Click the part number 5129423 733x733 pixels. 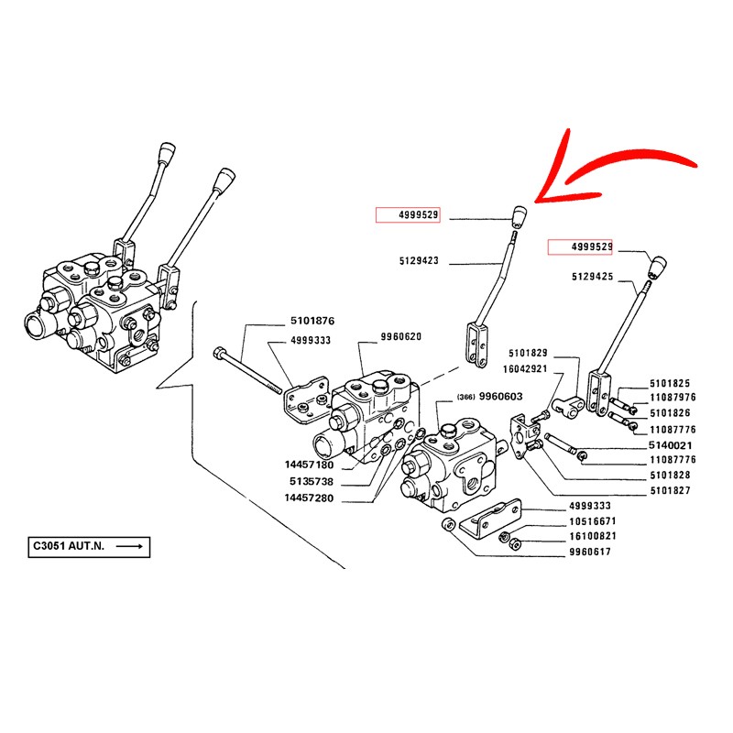click(419, 261)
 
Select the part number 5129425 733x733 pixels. click(591, 276)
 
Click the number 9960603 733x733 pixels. click(500, 397)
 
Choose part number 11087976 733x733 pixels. click(673, 398)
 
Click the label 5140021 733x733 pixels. click(673, 444)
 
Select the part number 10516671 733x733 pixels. click(591, 520)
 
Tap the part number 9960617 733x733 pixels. click(591, 552)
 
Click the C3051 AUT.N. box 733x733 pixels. click(88, 547)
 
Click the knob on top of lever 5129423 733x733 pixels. click(519, 217)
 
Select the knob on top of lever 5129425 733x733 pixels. click(658, 267)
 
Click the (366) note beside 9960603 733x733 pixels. click(464, 398)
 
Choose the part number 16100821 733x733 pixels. click(591, 536)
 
